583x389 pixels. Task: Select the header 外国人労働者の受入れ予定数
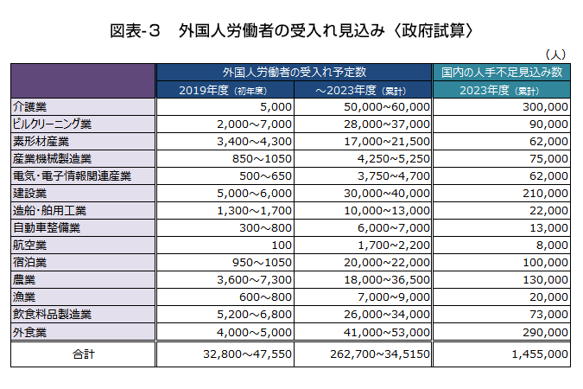point(294,72)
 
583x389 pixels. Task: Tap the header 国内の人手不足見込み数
point(502,72)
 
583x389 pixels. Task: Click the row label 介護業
point(30,106)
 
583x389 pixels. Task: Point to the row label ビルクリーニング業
point(52,124)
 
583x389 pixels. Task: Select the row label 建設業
point(30,193)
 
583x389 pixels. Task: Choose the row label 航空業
point(30,245)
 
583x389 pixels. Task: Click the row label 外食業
point(30,331)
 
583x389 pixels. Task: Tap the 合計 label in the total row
point(83,354)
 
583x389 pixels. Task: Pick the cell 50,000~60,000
point(386,106)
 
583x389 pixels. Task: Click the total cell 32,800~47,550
point(247,354)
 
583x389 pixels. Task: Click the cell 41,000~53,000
point(386,331)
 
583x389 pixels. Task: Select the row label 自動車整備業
point(47,227)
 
